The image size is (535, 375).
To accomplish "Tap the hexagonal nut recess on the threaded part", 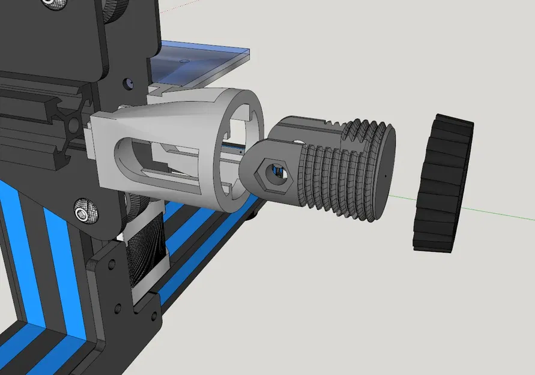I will click(x=276, y=172).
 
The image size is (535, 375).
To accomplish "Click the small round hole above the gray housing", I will click(x=128, y=82).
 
